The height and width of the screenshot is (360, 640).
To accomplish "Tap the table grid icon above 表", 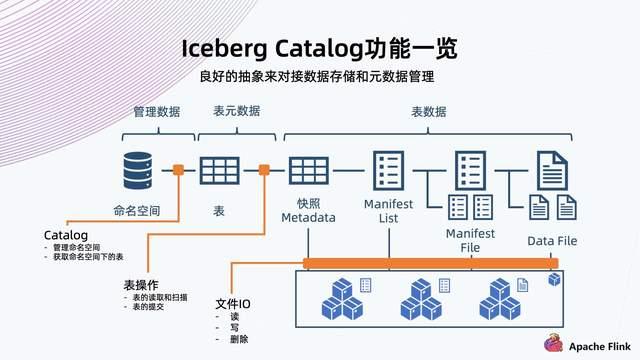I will tap(220, 171).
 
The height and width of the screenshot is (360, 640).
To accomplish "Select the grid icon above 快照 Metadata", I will tap(309, 171).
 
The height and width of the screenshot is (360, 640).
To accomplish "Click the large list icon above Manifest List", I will tap(387, 171).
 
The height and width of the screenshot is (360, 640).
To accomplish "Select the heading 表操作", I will tap(142, 284).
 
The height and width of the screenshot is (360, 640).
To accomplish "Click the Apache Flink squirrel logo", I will tap(551, 343).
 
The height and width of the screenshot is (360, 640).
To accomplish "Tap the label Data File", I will tap(552, 241).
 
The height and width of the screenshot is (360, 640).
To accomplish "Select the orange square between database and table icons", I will tap(178, 170).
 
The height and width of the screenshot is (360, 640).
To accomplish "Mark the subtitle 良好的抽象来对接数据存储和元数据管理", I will tap(319, 76).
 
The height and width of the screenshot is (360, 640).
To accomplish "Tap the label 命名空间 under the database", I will tap(137, 212).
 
